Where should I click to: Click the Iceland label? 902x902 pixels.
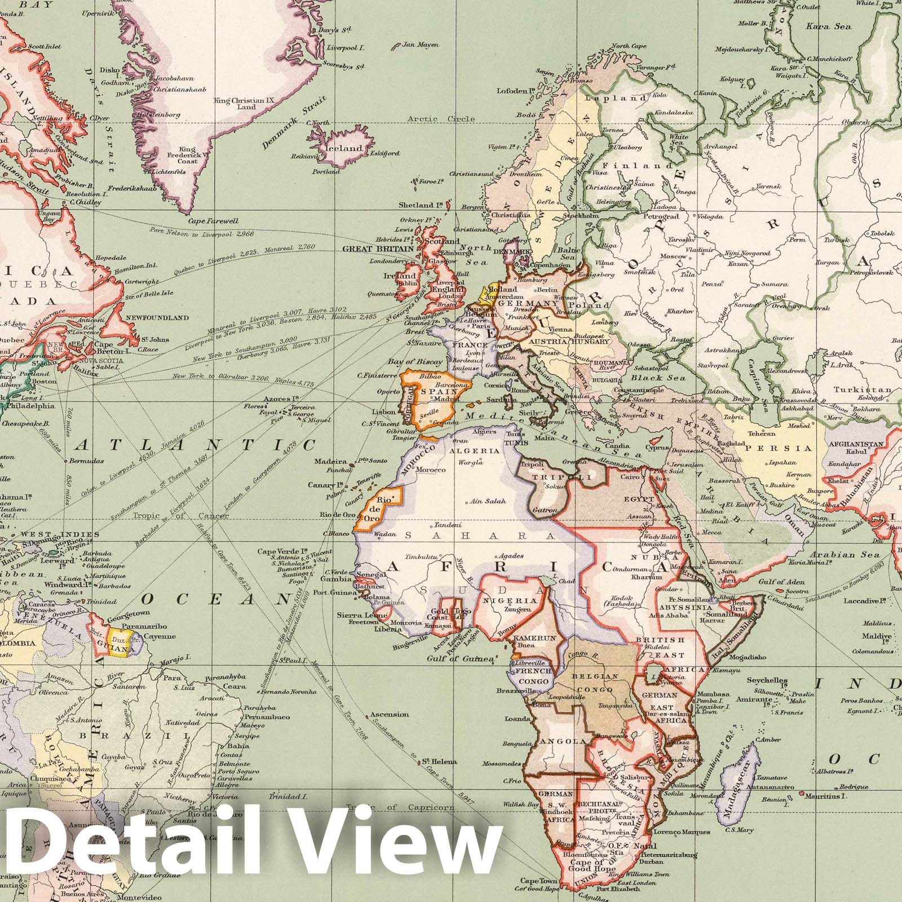(x=346, y=148)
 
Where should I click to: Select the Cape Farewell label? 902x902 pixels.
(x=215, y=221)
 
